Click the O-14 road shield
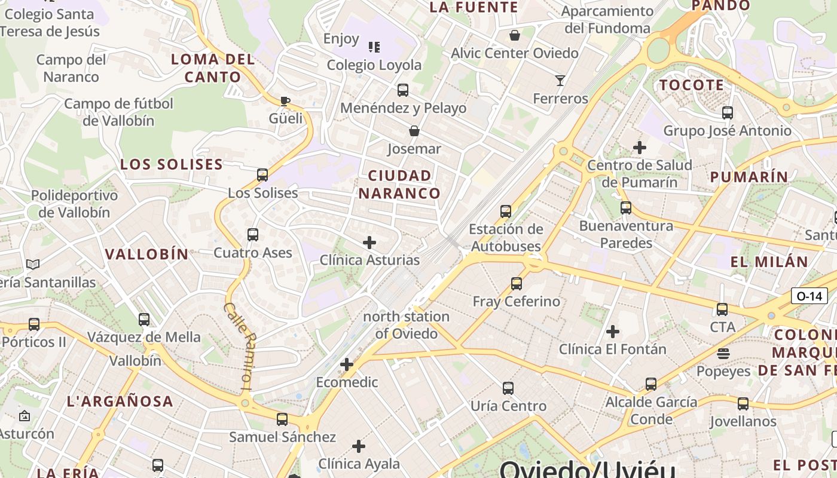coord(809,296)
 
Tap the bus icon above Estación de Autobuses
coord(506,211)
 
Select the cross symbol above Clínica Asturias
coord(369,242)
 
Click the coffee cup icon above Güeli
coord(285,100)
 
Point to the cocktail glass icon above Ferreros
coord(560,80)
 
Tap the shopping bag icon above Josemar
coord(414,130)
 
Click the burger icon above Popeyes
coord(723,353)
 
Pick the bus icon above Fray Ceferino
coord(517,284)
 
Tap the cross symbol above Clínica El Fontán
coord(613,331)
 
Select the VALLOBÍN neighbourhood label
coord(147,254)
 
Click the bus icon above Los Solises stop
coord(262,175)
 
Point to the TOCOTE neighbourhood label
coord(692,85)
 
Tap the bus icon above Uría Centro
coord(508,388)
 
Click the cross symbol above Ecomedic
coord(347,364)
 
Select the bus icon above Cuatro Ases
coord(253,235)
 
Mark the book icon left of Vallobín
coord(33,264)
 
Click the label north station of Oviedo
coord(406,325)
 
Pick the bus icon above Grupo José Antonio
coord(728,112)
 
